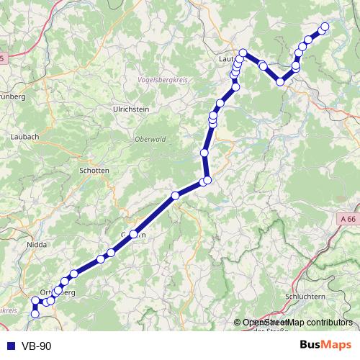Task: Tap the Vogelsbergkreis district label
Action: [x=164, y=81]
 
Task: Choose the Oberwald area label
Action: [x=148, y=140]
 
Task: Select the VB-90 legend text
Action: [x=35, y=346]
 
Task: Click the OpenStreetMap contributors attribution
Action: [x=297, y=323]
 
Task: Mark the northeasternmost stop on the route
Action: [x=324, y=27]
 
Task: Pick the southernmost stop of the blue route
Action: [x=35, y=313]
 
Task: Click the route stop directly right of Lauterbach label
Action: [x=243, y=53]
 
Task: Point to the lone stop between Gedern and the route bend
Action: [x=175, y=195]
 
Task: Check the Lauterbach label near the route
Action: [x=228, y=60]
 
